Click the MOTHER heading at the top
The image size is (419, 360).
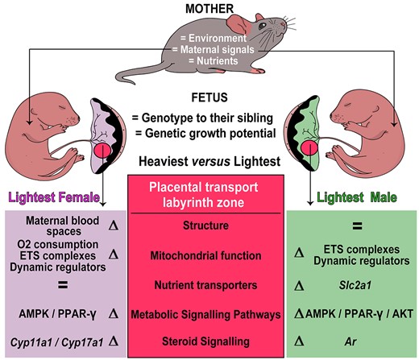209,9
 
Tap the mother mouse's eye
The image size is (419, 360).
262,26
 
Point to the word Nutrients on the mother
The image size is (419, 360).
218,60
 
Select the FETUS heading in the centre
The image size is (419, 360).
209,97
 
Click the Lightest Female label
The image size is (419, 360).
54,197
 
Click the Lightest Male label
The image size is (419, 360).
357,197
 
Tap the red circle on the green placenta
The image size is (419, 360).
309,147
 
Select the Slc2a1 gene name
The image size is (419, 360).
355,285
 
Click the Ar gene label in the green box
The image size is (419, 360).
351,341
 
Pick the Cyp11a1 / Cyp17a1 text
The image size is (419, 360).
56,342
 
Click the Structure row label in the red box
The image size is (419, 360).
205,226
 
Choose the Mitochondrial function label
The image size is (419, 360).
205,255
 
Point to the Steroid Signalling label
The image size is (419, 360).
205,341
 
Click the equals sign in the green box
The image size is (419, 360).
357,226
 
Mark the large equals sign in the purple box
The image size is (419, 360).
63,285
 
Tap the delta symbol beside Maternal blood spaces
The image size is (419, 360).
114,226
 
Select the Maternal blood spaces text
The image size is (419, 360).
63,226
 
